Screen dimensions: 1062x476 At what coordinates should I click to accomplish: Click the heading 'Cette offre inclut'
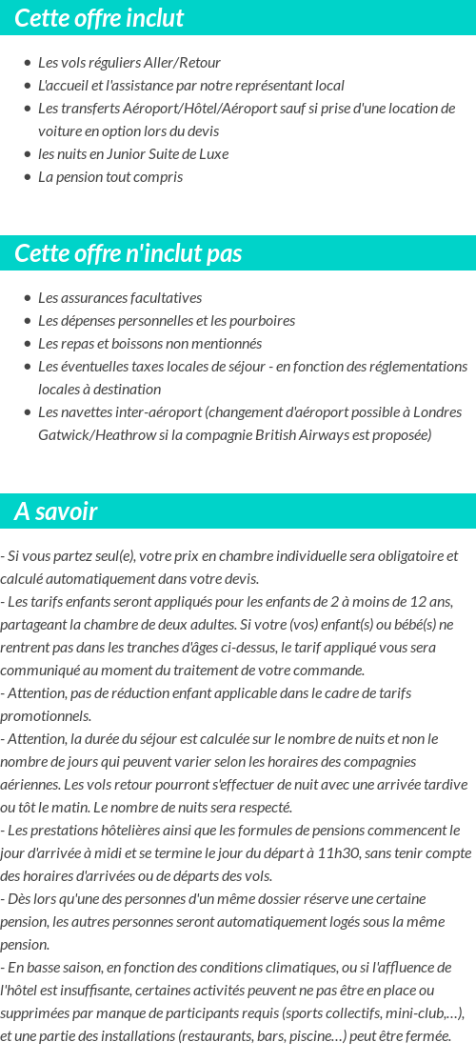point(99,18)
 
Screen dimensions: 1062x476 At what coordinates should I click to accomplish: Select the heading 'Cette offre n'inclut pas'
point(129,253)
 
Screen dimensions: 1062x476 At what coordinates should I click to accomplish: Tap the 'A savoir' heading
point(56,511)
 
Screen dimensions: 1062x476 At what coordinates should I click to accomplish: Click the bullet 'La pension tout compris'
point(109,177)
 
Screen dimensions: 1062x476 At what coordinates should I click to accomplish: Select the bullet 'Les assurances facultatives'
point(119,298)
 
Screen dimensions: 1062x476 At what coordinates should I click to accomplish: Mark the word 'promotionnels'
point(46,716)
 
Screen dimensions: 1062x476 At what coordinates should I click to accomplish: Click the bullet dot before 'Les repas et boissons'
point(27,344)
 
